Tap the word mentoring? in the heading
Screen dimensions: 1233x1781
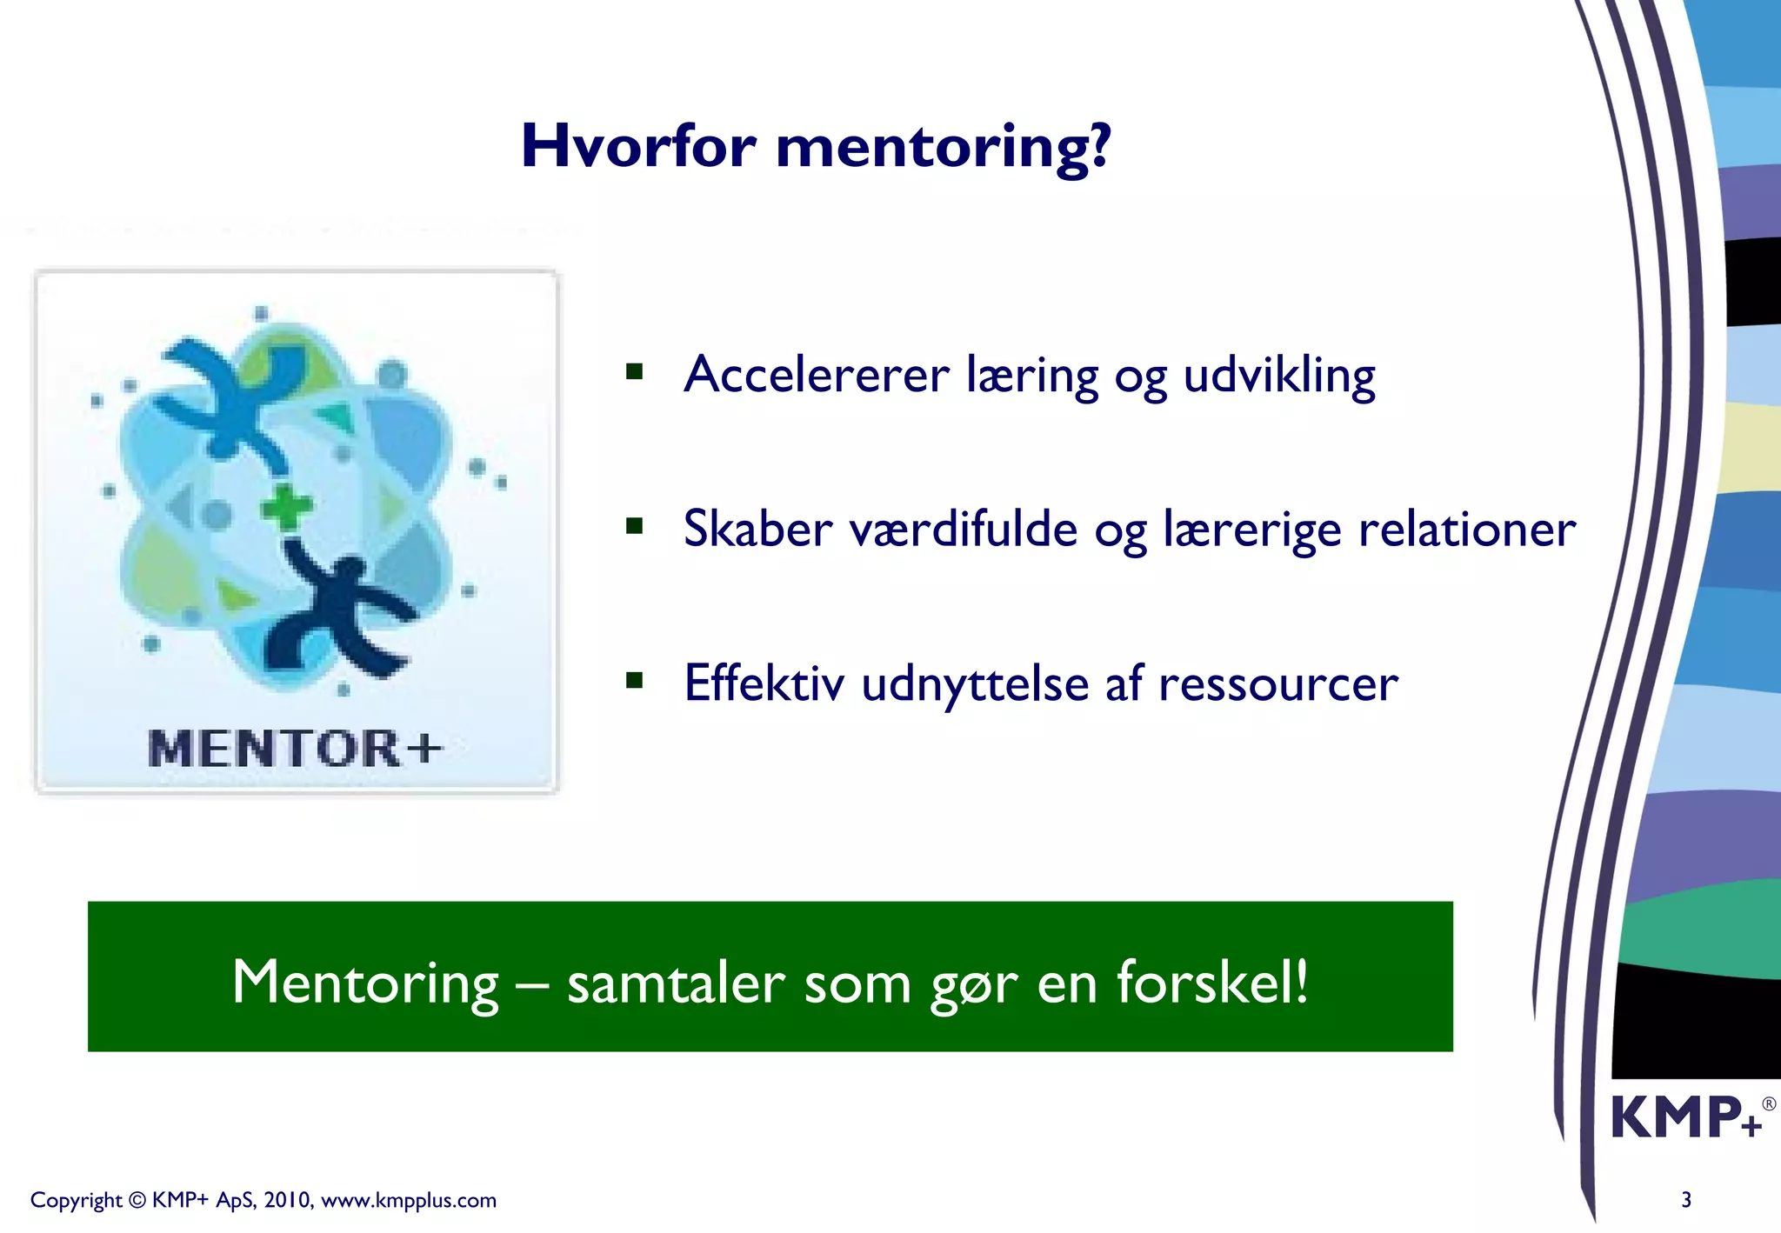coord(944,148)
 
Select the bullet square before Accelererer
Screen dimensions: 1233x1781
coord(635,373)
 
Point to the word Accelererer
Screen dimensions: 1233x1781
coord(816,376)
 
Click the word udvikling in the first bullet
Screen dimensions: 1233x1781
coord(1279,376)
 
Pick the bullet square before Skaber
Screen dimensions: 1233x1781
coord(635,526)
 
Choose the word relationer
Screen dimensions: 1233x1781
coord(1467,529)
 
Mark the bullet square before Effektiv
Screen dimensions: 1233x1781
coord(635,680)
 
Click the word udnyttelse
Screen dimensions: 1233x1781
coord(975,684)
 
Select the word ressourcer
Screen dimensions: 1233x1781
coord(1278,684)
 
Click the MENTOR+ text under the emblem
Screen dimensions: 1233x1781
coord(295,749)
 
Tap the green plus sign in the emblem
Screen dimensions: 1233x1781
coord(287,507)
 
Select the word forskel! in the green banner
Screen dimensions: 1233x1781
coord(1212,982)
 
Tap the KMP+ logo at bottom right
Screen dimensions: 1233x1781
coord(1687,1117)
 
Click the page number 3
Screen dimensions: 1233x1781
coord(1686,1200)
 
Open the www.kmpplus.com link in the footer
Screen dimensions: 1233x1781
coord(409,1201)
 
